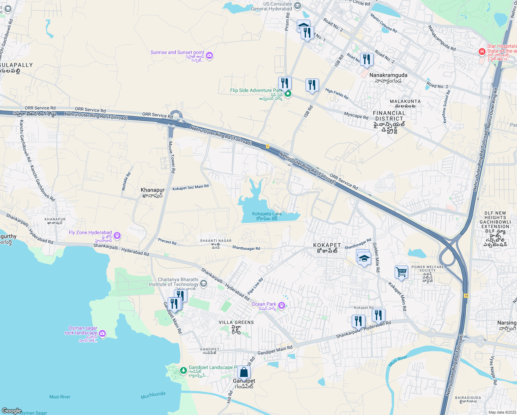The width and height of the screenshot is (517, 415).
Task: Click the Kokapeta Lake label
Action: [x=267, y=214]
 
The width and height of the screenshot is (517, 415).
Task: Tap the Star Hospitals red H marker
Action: [x=482, y=52]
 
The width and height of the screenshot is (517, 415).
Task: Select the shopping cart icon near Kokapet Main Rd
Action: [x=401, y=272]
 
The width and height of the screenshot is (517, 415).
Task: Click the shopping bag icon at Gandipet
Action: [x=244, y=372]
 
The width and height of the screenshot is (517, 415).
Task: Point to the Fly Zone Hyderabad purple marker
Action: [x=117, y=236]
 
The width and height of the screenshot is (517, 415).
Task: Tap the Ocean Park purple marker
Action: [x=282, y=305]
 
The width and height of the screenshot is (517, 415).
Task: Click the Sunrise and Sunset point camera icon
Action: [x=209, y=55]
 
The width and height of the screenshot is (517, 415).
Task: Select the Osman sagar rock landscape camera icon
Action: [x=102, y=334]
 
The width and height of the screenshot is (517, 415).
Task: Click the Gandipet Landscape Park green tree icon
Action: [x=183, y=371]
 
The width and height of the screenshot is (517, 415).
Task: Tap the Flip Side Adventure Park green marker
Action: [x=288, y=94]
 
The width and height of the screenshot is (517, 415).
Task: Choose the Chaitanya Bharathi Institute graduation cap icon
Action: [x=204, y=284]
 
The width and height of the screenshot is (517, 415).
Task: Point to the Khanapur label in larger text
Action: [x=152, y=190]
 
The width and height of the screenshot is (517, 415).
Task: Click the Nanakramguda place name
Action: [x=388, y=75]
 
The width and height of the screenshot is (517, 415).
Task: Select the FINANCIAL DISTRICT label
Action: [x=389, y=116]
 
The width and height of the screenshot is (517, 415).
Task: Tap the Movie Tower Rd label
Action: [x=172, y=157]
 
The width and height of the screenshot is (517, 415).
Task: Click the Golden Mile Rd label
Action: [x=376, y=257]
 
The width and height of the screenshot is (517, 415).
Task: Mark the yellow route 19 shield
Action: [x=466, y=296]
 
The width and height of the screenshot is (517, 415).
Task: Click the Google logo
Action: [x=12, y=411]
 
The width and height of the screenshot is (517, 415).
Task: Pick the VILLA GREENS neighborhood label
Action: [x=236, y=322]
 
